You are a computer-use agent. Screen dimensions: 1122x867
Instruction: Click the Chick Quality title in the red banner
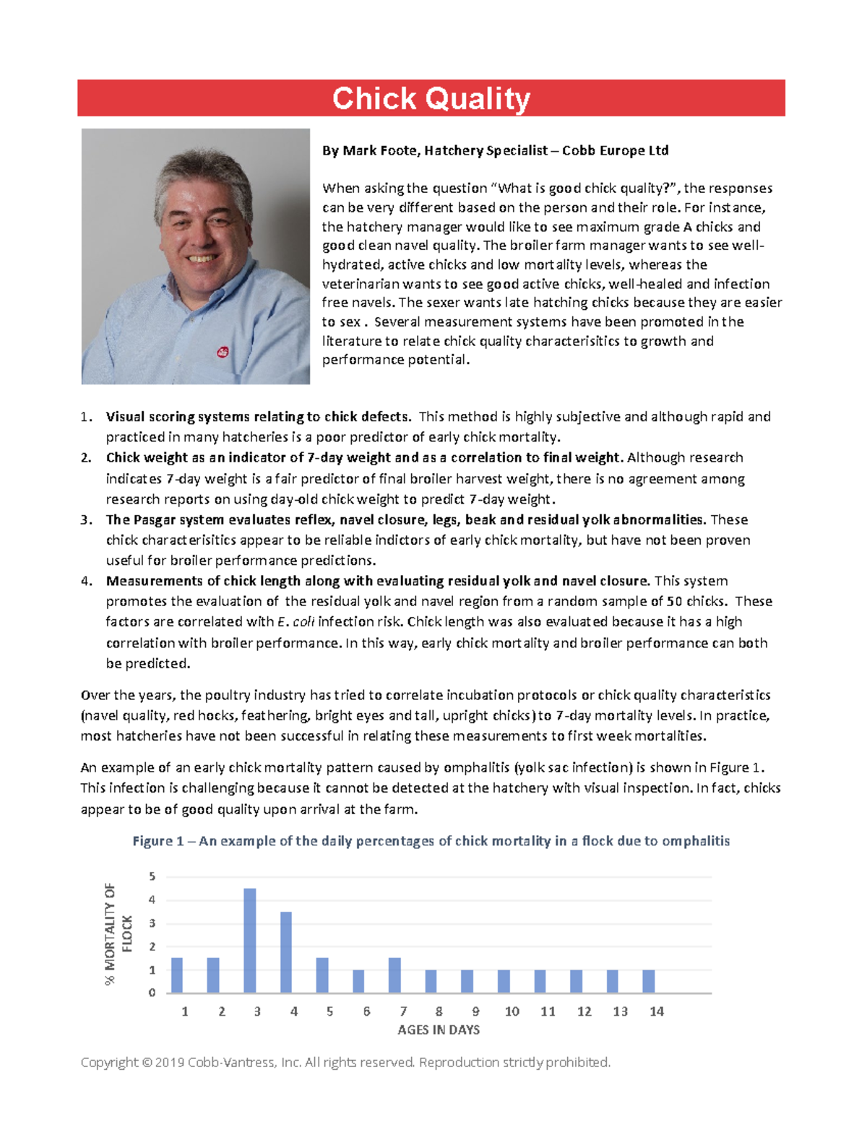[x=431, y=98]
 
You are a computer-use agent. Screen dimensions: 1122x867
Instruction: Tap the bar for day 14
[x=649, y=981]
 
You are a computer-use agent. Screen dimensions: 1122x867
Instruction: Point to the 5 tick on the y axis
[x=152, y=876]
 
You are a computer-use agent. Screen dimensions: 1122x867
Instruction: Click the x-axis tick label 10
[x=512, y=1011]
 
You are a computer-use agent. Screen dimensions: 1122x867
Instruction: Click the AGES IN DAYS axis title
[x=439, y=1030]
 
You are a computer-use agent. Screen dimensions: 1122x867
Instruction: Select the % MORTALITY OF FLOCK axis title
[x=118, y=933]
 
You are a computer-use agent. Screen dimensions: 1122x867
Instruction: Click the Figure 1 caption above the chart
[x=431, y=841]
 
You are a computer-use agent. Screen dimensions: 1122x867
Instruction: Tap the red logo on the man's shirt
[x=223, y=352]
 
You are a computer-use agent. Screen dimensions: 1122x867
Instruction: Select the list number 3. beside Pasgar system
[x=86, y=519]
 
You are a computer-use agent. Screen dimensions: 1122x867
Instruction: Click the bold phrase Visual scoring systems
[x=177, y=416]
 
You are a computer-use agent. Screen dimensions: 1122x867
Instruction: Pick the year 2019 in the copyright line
[x=170, y=1062]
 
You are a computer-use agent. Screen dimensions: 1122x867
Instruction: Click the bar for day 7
[x=394, y=975]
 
